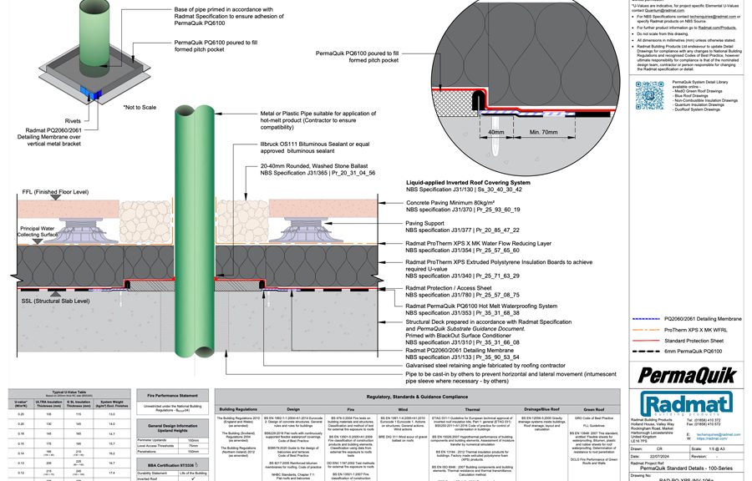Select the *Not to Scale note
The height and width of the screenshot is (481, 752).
click(141, 108)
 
